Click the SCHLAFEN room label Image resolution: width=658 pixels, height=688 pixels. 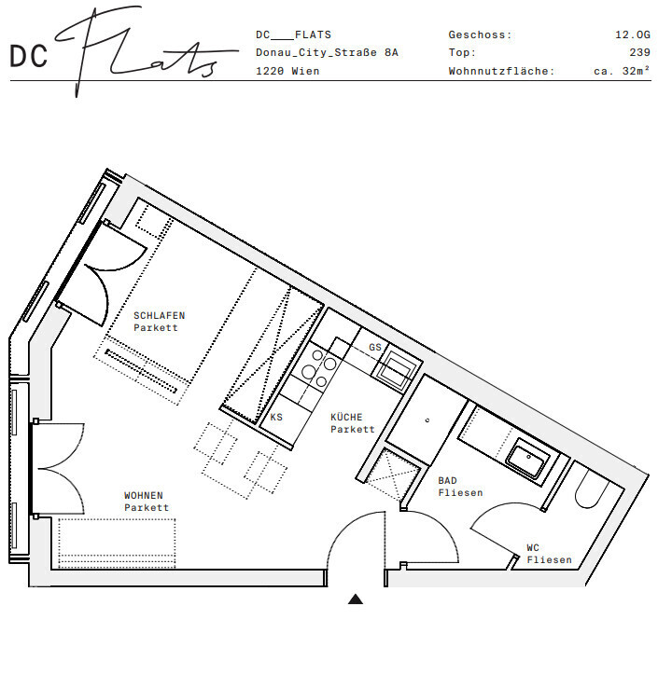tap(159, 315)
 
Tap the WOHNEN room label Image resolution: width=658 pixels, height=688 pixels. tap(144, 495)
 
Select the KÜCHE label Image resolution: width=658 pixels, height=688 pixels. tap(346, 417)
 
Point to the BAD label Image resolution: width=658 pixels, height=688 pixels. tap(447, 480)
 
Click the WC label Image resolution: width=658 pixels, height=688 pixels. tap(533, 547)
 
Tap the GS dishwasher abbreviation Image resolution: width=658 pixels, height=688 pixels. tap(374, 347)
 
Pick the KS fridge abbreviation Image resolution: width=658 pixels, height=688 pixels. tap(276, 417)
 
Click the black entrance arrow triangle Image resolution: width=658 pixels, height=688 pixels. tap(356, 599)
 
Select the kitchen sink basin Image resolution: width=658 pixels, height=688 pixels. tap(397, 368)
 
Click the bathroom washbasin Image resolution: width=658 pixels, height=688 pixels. tap(528, 459)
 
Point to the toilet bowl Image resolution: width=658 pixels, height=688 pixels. tap(591, 490)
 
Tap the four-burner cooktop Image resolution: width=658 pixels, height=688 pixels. tap(317, 367)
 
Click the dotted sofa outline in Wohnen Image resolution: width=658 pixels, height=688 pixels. tap(117, 544)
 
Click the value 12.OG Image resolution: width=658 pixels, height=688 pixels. tap(633, 34)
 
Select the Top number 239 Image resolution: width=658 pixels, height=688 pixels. tap(639, 52)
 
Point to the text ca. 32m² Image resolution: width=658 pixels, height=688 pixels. tap(622, 71)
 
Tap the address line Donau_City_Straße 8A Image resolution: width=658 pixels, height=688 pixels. tap(327, 52)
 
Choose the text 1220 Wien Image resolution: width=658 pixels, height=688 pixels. tap(287, 71)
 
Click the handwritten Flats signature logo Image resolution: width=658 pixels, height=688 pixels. tap(145, 50)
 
